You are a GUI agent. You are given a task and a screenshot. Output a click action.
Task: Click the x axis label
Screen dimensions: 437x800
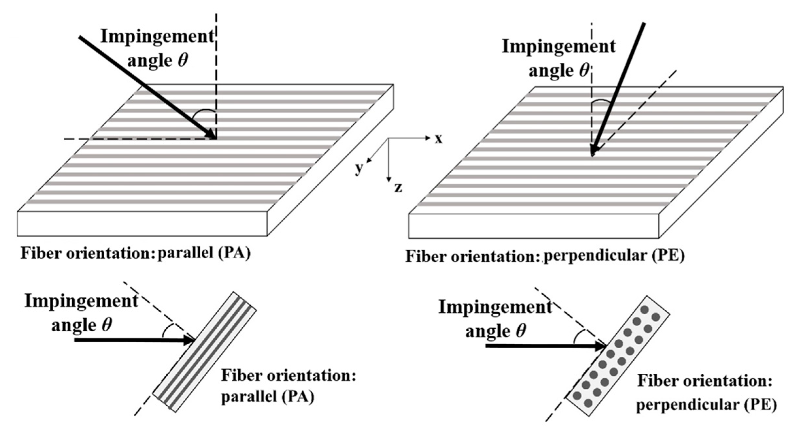pyautogui.click(x=438, y=139)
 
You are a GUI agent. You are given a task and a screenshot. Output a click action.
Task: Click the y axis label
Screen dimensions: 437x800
pyautogui.click(x=359, y=168)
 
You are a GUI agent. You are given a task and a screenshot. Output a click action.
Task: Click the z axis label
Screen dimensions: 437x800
pyautogui.click(x=398, y=188)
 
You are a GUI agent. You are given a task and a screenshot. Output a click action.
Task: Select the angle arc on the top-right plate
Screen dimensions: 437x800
pyautogui.click(x=601, y=102)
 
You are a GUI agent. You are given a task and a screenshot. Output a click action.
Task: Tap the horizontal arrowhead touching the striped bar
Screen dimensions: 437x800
pyautogui.click(x=190, y=340)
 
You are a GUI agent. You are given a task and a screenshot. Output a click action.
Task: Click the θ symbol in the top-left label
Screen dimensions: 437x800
pyautogui.click(x=183, y=61)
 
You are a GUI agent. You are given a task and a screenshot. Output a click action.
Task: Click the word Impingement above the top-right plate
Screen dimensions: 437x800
pyautogui.click(x=558, y=47)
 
